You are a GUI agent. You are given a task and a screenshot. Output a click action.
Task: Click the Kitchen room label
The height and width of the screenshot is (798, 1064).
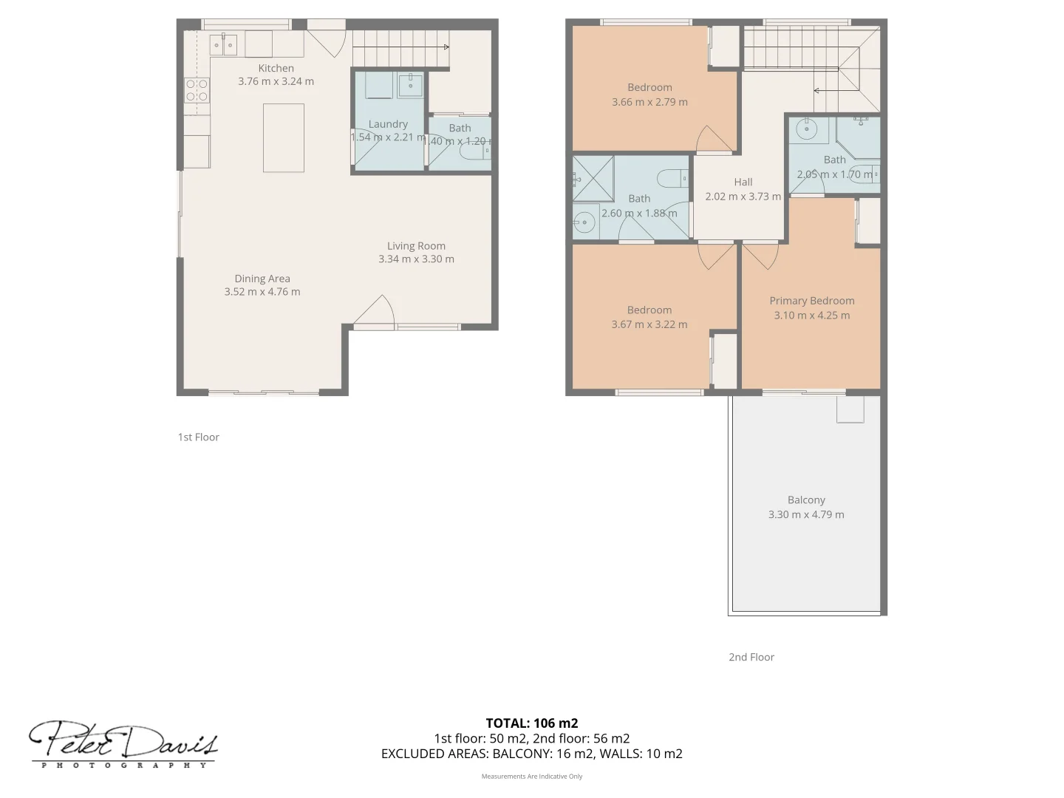point(276,68)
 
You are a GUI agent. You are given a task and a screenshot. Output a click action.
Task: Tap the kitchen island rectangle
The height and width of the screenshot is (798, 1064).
point(284,137)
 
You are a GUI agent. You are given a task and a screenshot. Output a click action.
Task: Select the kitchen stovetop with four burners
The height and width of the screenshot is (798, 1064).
point(197,90)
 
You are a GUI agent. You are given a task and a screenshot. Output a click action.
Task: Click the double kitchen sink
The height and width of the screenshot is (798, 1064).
point(223,45)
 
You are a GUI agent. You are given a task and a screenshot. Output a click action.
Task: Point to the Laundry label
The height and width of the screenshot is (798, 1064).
point(388,124)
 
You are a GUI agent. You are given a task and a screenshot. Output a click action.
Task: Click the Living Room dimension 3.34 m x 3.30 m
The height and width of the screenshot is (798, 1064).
point(416,259)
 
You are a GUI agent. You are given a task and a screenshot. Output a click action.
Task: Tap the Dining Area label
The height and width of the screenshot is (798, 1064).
point(262,279)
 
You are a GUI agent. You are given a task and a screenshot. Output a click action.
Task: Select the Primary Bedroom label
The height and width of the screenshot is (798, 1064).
point(811,301)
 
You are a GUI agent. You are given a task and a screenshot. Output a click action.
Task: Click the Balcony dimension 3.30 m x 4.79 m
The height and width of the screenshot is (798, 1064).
point(806,515)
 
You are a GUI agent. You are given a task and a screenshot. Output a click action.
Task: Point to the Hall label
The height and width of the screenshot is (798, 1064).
point(743,182)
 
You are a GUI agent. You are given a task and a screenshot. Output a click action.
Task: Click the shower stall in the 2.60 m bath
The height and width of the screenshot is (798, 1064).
point(593,179)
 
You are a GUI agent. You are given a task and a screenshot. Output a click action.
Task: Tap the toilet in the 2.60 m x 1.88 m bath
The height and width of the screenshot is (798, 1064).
point(673,178)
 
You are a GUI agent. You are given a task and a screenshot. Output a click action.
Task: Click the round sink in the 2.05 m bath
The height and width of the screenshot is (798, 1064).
point(806,129)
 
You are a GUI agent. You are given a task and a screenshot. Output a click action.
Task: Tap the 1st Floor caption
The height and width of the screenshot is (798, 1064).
point(198,437)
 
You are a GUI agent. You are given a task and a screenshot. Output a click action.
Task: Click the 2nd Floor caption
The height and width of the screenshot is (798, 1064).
point(751,657)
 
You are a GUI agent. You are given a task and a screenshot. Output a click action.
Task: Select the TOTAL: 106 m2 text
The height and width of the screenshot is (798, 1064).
point(531,723)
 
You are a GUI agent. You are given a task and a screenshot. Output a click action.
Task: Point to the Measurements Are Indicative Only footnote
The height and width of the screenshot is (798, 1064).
point(531,777)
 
